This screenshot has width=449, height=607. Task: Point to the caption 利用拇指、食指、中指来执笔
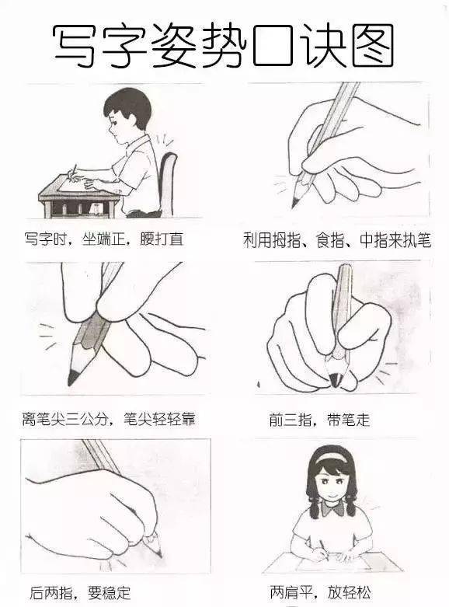tap(336, 240)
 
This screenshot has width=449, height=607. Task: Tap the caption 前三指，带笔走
tap(319, 420)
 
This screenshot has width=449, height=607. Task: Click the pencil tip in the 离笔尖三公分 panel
tap(72, 378)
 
